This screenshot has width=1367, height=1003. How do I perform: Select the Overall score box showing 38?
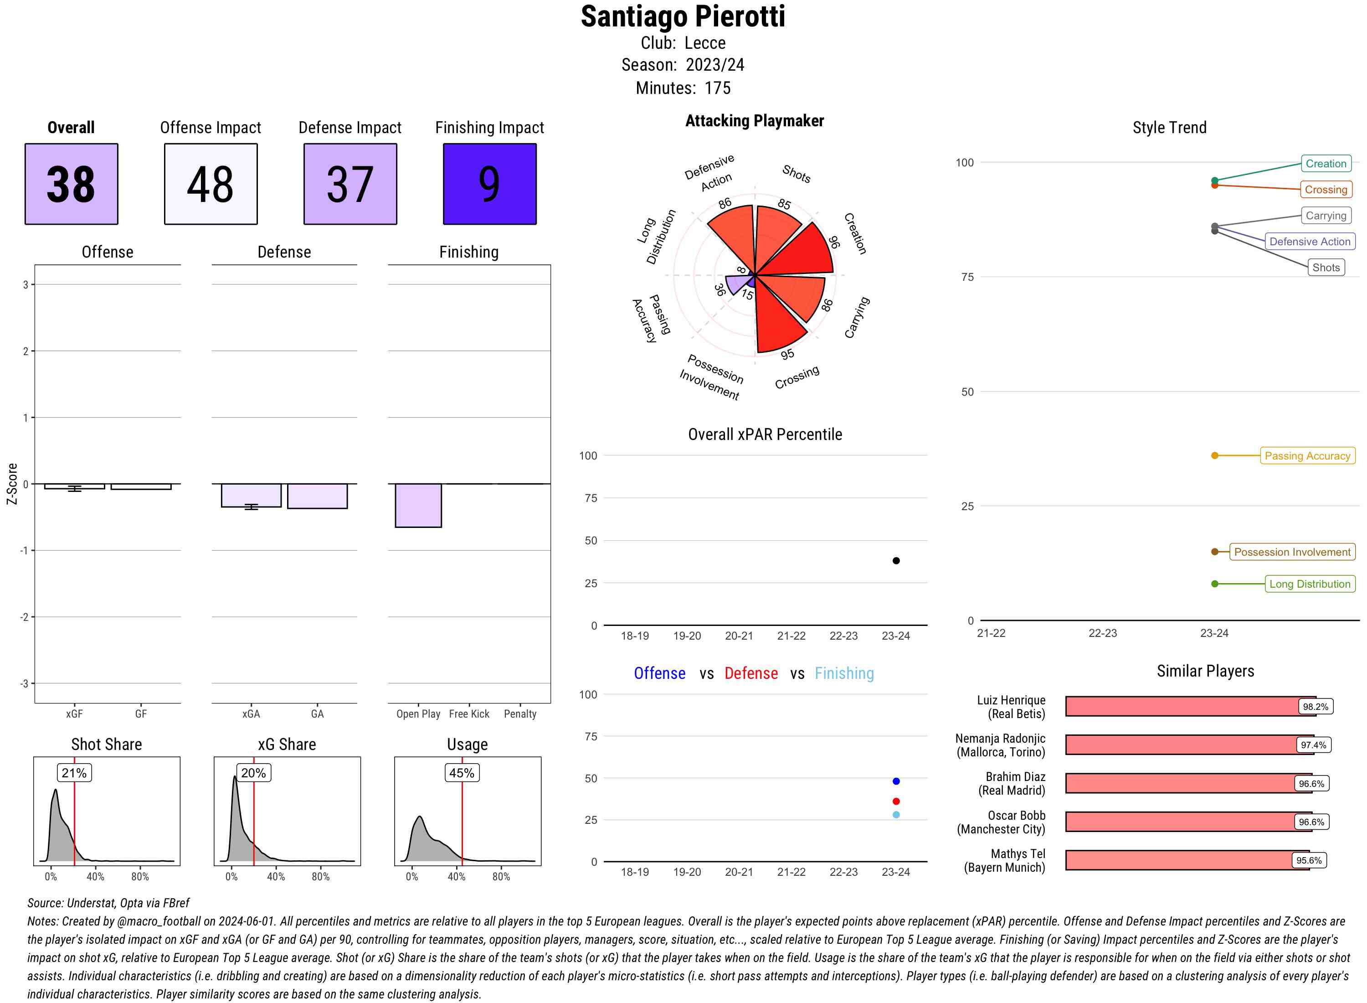click(x=71, y=184)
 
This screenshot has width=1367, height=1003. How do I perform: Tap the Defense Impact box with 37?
click(x=350, y=184)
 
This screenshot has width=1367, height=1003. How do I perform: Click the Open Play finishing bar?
click(x=418, y=505)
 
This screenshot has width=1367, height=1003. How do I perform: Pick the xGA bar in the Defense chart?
click(x=251, y=495)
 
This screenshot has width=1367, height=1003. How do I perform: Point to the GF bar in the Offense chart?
click(x=141, y=486)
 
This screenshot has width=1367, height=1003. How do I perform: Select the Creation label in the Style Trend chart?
click(x=1325, y=163)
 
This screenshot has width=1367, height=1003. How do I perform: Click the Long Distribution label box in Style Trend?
click(x=1310, y=584)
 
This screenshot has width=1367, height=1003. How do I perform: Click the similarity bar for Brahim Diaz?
click(x=1180, y=783)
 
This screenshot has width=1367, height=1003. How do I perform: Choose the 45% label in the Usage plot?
click(x=461, y=773)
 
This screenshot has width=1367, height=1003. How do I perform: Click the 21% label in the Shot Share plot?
click(x=74, y=773)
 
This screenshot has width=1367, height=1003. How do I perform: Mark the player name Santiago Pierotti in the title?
click(x=683, y=17)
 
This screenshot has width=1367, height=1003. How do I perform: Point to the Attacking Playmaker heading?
click(x=754, y=121)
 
